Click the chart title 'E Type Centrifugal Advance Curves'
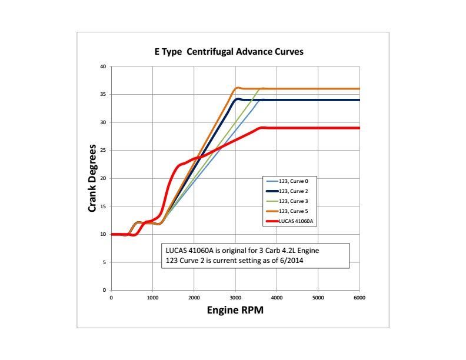click(x=225, y=52)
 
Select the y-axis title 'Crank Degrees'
click(x=92, y=178)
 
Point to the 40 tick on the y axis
click(x=103, y=66)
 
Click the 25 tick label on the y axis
click(x=103, y=151)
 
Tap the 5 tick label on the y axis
click(x=105, y=262)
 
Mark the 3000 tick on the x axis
click(x=235, y=298)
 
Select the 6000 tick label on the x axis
click(x=359, y=298)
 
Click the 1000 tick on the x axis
click(x=152, y=298)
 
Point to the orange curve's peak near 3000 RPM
click(x=237, y=88)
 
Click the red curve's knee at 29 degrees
click(x=262, y=128)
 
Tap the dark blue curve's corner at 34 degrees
click(x=237, y=99)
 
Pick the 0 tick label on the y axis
click(x=105, y=290)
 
